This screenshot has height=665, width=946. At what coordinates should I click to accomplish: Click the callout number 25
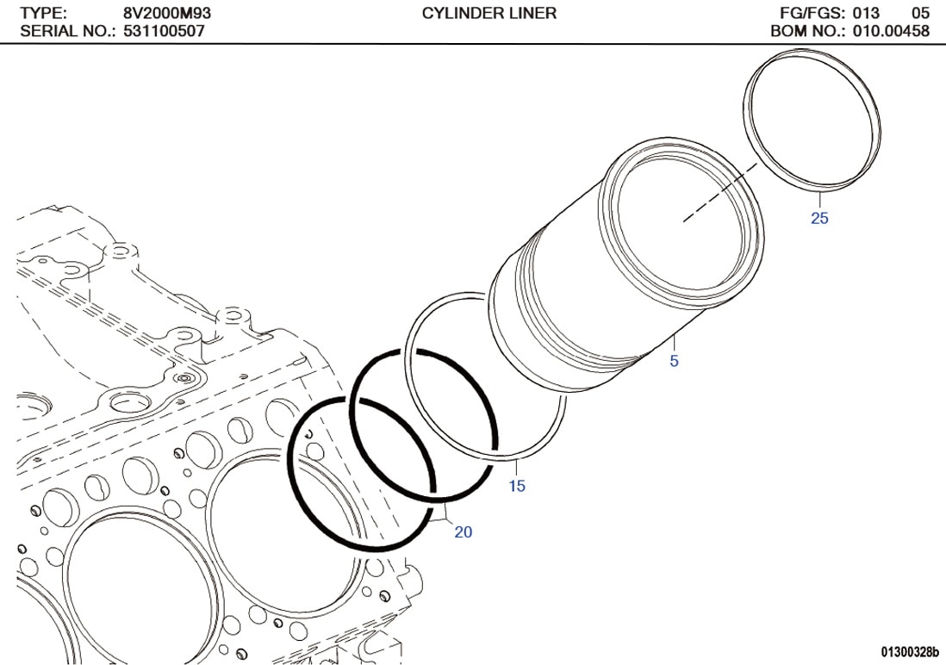(x=819, y=219)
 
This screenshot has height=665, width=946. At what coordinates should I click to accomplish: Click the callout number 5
(x=674, y=362)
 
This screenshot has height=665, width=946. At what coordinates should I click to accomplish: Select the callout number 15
(x=517, y=487)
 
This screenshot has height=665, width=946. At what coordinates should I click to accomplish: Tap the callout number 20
(x=464, y=532)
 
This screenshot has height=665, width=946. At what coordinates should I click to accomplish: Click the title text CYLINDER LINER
(x=489, y=13)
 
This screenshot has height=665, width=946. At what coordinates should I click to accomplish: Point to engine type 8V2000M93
(x=162, y=13)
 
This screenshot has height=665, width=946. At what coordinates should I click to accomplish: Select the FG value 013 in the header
(x=867, y=13)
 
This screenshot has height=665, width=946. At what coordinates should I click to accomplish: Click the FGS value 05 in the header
(x=920, y=13)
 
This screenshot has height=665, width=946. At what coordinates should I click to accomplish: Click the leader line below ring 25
(x=818, y=197)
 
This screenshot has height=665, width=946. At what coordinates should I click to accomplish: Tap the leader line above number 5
(x=673, y=345)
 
